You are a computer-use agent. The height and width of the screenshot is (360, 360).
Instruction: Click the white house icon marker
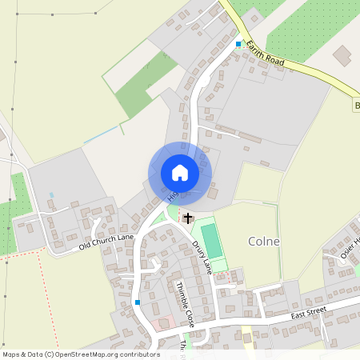coord(179,173)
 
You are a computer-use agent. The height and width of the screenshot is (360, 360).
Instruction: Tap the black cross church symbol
coord(188,218)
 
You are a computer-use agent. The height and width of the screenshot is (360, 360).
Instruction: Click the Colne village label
coord(264,242)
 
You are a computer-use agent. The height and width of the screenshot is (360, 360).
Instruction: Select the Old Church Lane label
coord(106,242)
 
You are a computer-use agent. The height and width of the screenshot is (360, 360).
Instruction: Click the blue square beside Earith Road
coord(238,44)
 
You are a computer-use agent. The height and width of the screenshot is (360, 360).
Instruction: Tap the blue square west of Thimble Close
coord(138,302)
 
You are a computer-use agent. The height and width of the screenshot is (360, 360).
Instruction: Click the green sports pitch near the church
coord(212,240)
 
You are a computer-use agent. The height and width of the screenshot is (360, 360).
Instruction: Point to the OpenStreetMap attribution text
coord(81,354)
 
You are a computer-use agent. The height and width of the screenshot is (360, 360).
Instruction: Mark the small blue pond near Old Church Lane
coord(52,194)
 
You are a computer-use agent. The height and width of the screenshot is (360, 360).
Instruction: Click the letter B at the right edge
coord(357,106)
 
